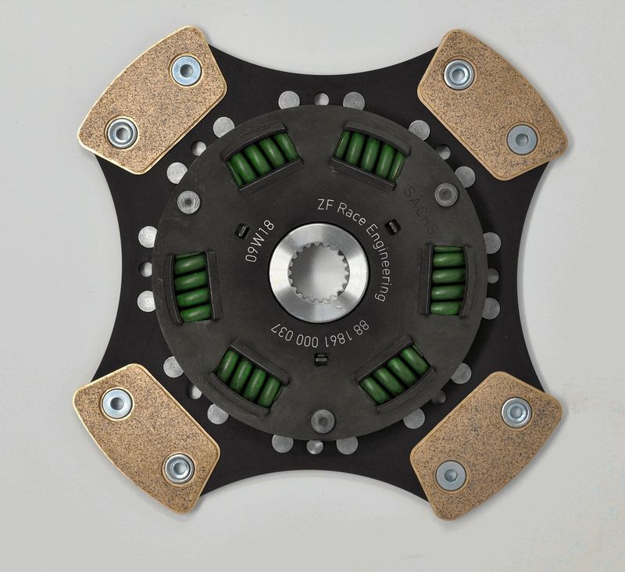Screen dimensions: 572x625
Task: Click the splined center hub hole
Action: coord(318,273)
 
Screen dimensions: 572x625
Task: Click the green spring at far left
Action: coord(192,287)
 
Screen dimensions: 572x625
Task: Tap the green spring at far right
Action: coord(448,279)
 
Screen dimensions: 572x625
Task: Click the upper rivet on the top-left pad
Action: coord(185,70)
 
